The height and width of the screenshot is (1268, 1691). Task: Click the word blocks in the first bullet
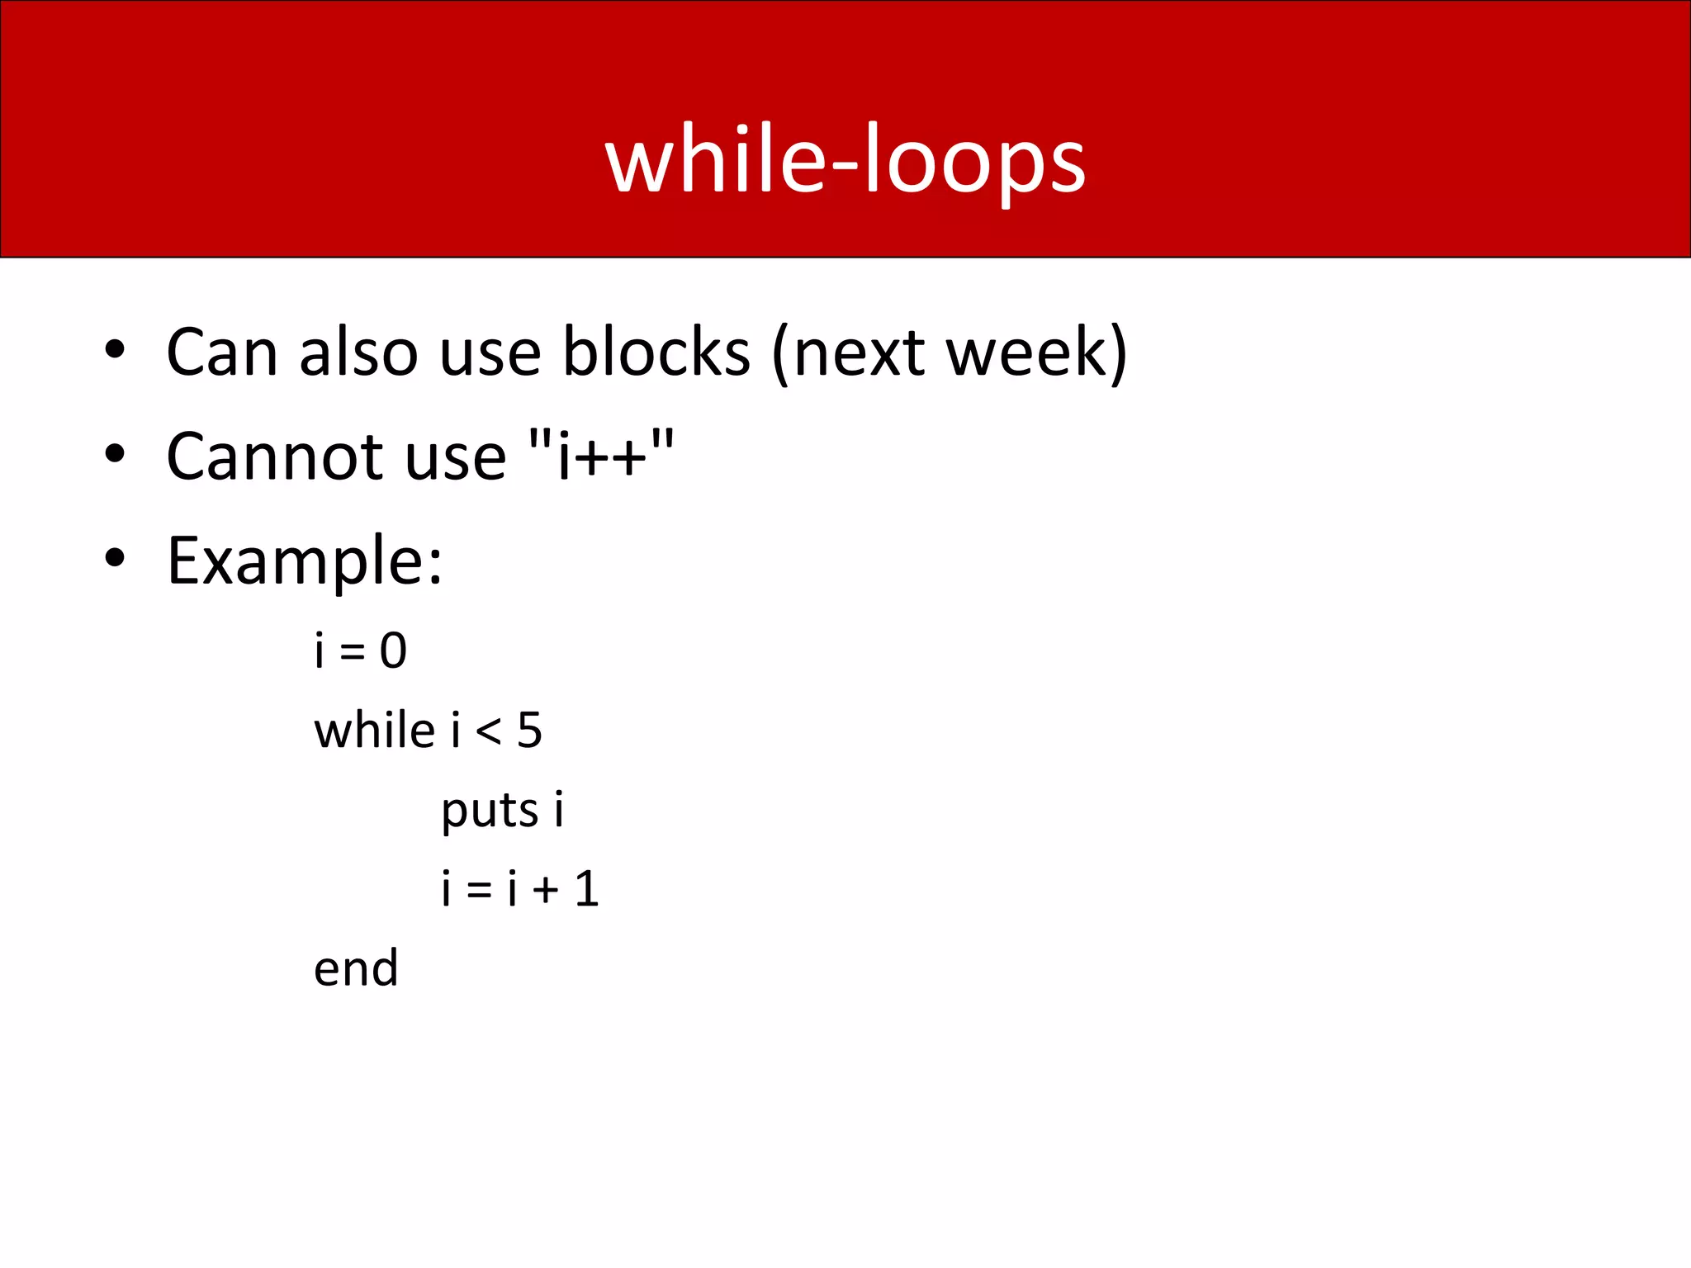point(656,352)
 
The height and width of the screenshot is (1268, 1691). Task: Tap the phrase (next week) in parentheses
point(950,353)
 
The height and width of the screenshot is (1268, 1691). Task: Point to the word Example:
point(304,561)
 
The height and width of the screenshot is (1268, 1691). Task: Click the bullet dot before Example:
point(115,557)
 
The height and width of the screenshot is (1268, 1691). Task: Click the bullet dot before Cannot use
point(115,453)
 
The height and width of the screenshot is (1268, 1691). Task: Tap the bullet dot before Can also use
point(115,349)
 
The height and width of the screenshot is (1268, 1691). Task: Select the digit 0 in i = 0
point(393,651)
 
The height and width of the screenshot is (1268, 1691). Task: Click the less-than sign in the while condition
point(488,731)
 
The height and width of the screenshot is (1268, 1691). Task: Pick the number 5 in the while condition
point(529,731)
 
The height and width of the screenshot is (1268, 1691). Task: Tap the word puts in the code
point(489,811)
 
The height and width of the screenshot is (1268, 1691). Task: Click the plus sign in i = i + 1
point(545,890)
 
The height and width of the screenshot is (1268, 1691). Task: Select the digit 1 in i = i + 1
point(586,889)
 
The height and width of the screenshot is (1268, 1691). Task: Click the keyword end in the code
point(356,968)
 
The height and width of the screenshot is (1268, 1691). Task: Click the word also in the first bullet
point(358,352)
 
